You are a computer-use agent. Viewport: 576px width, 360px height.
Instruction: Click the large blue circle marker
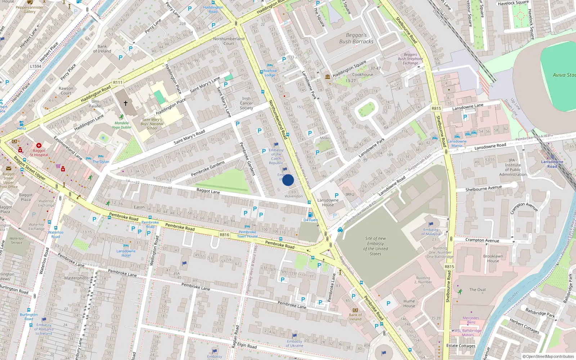click(x=288, y=180)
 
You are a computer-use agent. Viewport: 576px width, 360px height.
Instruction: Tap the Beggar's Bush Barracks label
click(x=356, y=38)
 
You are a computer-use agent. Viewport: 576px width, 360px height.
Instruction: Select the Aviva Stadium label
click(x=564, y=75)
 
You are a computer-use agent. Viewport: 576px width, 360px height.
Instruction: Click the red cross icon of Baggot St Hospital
click(x=39, y=145)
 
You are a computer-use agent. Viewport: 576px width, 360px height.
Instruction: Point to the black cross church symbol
click(x=126, y=103)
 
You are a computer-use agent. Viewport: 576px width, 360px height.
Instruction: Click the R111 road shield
click(x=118, y=82)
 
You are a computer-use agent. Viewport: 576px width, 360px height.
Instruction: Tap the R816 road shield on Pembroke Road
click(x=224, y=235)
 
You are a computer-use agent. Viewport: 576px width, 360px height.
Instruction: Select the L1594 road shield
click(x=36, y=66)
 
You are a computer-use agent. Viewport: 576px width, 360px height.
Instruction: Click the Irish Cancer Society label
click(x=247, y=103)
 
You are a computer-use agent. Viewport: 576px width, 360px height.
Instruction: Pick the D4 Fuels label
click(x=310, y=220)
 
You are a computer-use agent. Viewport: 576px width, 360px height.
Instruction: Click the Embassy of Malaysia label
click(x=431, y=231)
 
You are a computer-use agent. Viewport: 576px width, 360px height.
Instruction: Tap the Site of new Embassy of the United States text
click(x=375, y=246)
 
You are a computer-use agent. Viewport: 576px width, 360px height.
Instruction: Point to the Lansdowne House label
click(x=328, y=203)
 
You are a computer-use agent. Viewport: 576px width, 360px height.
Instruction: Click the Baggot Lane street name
click(x=208, y=191)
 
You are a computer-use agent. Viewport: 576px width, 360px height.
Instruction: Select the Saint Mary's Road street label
click(x=189, y=137)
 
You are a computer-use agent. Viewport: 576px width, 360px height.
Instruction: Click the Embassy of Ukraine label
click(x=294, y=343)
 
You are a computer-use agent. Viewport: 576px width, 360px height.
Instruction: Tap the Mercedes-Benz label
click(x=471, y=320)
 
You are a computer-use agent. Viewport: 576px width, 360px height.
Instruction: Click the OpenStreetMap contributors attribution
click(x=548, y=357)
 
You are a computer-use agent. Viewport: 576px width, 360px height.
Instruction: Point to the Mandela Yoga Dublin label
click(x=121, y=125)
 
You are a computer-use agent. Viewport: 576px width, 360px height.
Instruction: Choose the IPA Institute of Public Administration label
click(x=513, y=167)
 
